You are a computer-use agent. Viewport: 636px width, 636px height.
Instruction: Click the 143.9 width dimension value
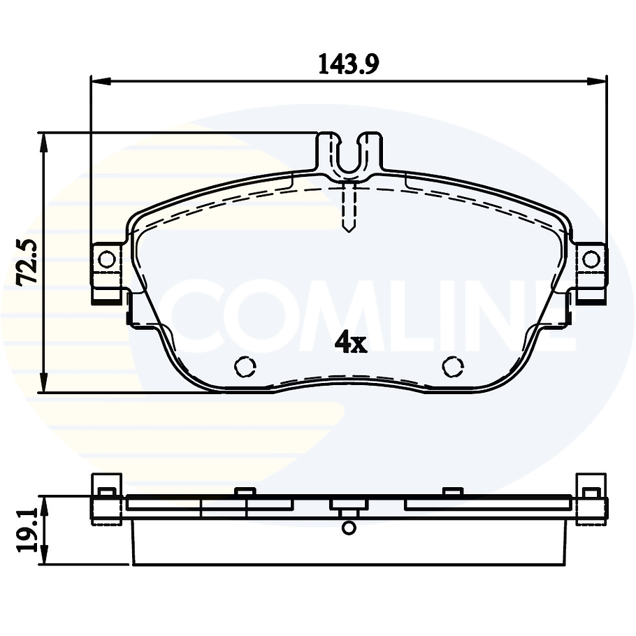349,64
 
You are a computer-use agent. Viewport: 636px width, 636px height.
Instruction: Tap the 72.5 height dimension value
29,262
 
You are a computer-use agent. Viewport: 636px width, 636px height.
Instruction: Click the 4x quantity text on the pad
351,342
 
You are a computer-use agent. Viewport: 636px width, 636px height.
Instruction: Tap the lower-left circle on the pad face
244,366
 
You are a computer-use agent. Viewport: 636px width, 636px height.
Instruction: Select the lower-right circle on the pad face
453,366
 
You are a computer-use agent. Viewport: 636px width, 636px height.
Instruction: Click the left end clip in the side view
107,498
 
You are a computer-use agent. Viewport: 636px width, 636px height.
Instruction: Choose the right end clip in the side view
591,498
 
